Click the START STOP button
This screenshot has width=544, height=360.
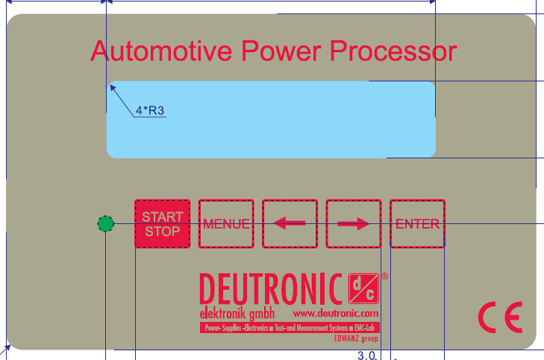tap(162, 223)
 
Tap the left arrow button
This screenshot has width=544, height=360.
tap(290, 223)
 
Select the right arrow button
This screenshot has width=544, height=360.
tap(354, 223)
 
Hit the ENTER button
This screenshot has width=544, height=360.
tap(417, 223)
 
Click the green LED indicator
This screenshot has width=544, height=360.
tap(106, 223)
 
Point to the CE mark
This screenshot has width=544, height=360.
tap(500, 318)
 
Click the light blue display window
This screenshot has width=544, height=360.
tap(271, 120)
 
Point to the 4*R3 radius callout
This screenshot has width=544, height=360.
tap(149, 112)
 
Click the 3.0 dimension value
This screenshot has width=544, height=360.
tap(366, 355)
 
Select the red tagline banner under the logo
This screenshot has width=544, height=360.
tap(289, 327)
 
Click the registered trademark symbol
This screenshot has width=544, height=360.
tap(384, 276)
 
